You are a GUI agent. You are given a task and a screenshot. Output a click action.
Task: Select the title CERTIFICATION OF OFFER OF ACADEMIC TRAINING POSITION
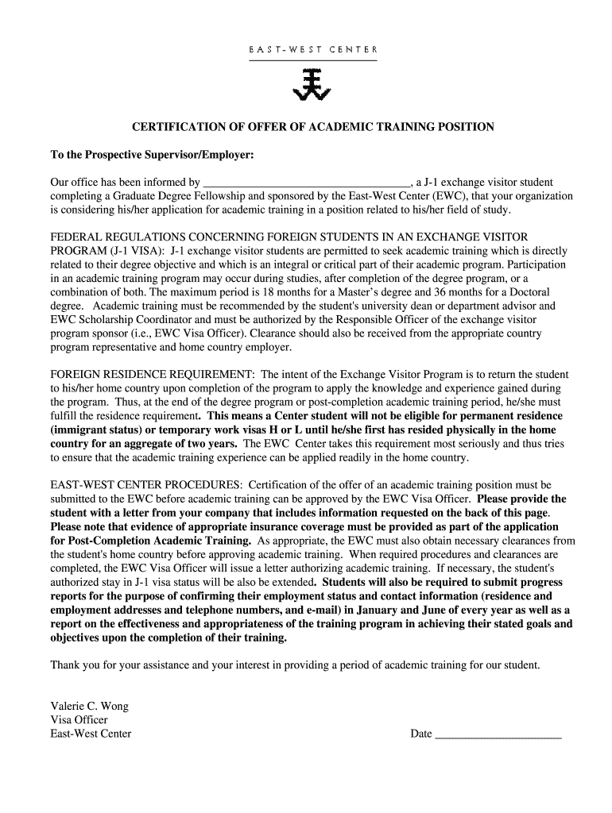(312, 127)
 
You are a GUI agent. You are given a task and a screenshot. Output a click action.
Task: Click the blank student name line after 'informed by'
(306, 183)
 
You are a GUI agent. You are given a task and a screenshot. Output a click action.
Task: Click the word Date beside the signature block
(420, 734)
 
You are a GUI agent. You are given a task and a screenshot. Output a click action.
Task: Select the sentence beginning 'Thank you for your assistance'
(295, 665)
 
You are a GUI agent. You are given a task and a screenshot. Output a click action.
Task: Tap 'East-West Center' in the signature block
(91, 734)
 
